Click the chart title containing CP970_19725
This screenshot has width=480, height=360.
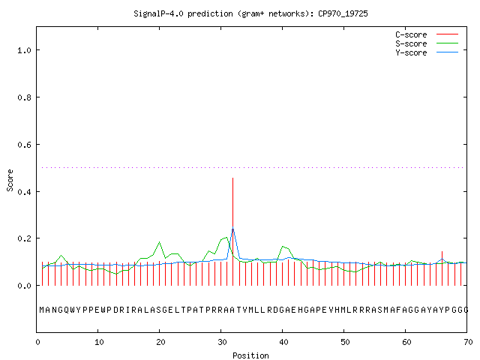250,13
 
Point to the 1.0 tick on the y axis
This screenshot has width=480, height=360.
24,50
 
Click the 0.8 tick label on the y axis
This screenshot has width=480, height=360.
24,97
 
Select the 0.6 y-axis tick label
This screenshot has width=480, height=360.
24,145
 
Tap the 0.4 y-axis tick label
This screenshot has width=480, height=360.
24,192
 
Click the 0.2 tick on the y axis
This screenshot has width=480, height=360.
24,238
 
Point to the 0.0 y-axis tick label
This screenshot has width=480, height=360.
24,286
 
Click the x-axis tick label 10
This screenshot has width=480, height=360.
99,342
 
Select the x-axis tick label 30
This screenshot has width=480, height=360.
222,342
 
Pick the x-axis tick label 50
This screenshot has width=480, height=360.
345,342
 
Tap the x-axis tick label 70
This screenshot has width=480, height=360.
468,342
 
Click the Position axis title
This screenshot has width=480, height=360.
250,355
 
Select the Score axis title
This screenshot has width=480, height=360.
10,180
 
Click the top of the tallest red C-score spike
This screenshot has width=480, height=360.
233,178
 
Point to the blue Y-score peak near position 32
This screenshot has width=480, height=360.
233,227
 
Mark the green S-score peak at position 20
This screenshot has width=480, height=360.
160,242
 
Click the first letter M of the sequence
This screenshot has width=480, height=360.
42,310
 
